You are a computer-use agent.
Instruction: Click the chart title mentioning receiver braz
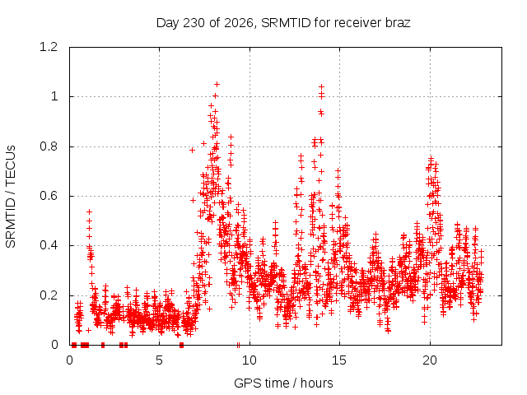[283, 23]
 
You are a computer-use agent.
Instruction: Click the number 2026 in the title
[239, 23]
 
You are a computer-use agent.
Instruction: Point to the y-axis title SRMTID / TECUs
[11, 197]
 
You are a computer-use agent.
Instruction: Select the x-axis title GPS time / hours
[283, 383]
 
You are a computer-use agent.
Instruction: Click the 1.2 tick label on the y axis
[49, 47]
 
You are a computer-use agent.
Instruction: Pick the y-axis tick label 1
[54, 97]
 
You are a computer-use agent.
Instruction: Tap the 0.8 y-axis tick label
[49, 146]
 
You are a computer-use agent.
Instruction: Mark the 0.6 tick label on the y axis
[49, 196]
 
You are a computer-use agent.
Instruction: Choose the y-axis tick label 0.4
[49, 245]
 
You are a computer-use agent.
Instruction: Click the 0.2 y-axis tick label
[49, 295]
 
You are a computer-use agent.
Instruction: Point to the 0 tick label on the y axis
[55, 345]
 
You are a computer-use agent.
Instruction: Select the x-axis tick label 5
[159, 360]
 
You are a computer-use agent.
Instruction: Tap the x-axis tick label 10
[250, 360]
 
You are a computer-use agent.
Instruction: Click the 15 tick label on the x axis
[339, 360]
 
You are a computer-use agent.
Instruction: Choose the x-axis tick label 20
[430, 360]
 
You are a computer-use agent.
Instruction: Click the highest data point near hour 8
[217, 84]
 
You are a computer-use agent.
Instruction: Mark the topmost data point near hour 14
[322, 87]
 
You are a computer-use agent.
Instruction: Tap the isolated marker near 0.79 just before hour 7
[192, 150]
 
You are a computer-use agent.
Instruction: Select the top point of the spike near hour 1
[89, 212]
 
